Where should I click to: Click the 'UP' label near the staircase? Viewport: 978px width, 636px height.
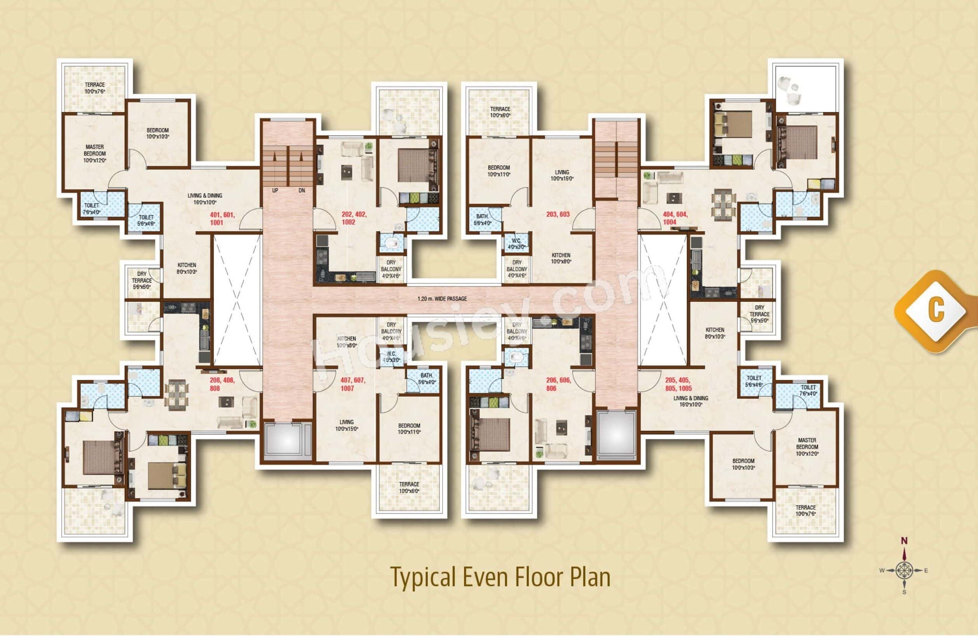coord(275,191)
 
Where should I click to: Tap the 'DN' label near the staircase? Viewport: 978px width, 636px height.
coord(302,191)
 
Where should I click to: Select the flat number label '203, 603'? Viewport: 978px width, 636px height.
coord(558,214)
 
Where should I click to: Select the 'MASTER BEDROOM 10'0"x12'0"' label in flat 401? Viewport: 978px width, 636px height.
coord(94,153)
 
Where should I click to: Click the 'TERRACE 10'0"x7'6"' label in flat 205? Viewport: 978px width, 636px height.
coord(805,511)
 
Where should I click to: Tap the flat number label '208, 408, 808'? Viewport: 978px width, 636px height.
coord(222,384)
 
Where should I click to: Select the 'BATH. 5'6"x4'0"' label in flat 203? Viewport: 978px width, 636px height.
coord(482,220)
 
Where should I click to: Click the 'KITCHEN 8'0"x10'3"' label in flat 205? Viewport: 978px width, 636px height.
coord(715,333)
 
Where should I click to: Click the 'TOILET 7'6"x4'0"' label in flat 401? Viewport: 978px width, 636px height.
coord(91,208)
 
